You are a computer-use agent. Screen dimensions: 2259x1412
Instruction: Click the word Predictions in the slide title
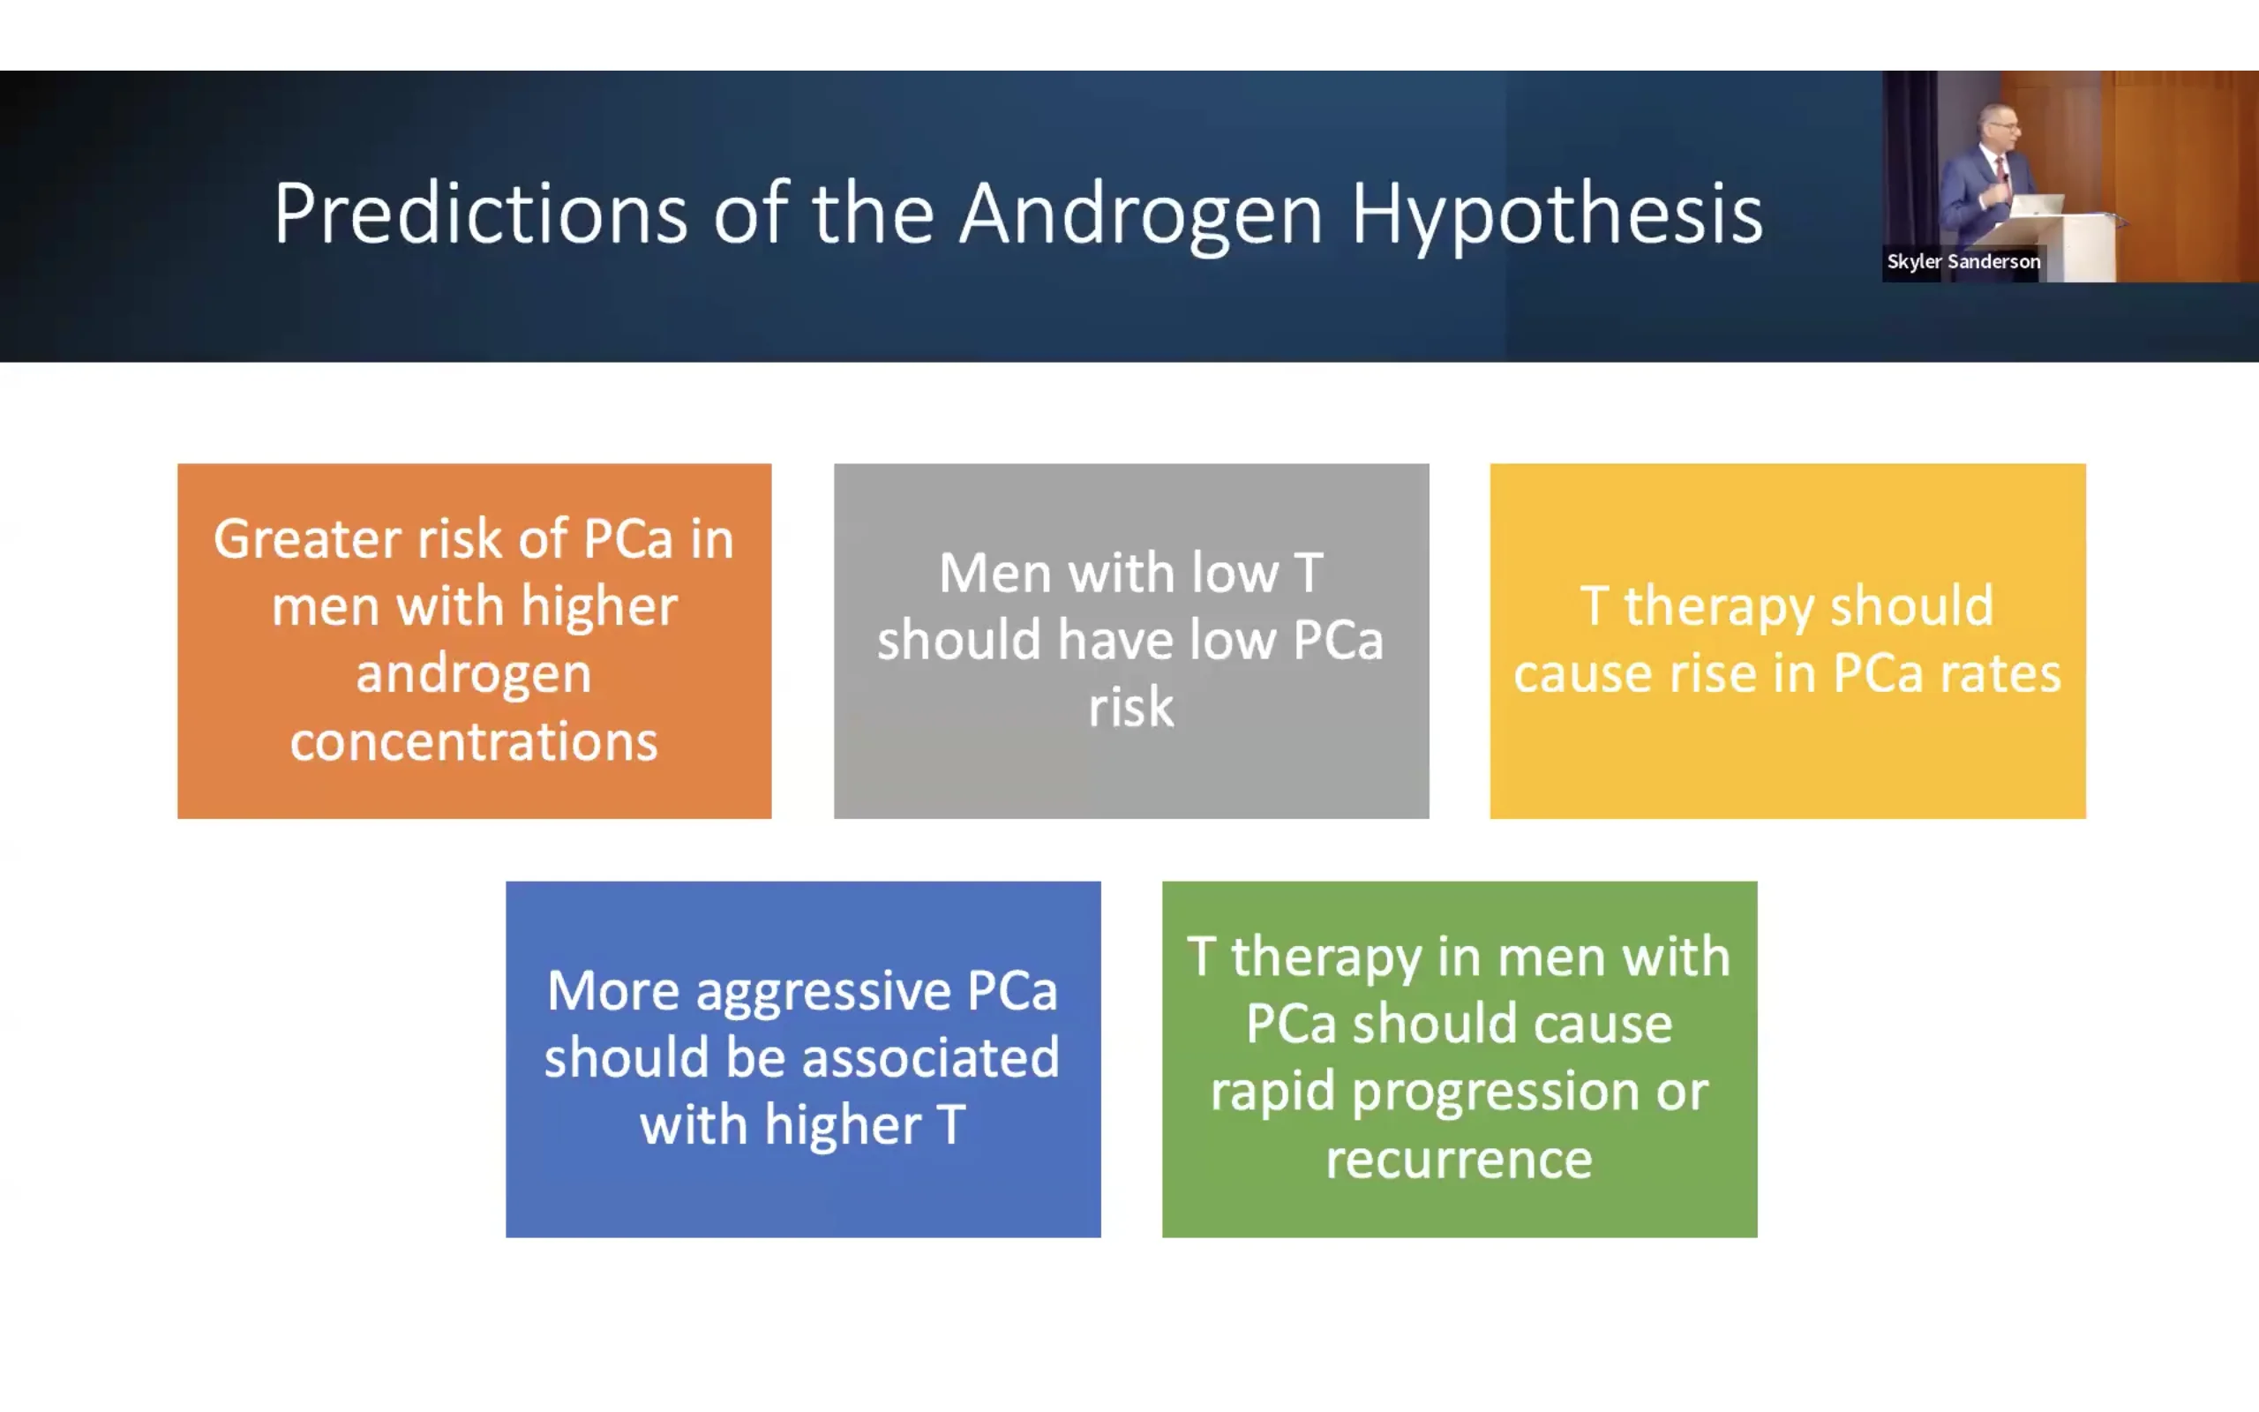click(x=481, y=214)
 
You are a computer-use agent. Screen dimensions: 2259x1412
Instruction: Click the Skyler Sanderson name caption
click(x=1963, y=261)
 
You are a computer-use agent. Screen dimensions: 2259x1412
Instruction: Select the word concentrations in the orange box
click(x=474, y=742)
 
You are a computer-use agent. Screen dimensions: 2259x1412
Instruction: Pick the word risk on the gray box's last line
click(x=1130, y=707)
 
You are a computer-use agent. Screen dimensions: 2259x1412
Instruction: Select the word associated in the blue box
click(x=931, y=1057)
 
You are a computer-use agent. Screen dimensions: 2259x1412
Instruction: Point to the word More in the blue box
click(x=613, y=991)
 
